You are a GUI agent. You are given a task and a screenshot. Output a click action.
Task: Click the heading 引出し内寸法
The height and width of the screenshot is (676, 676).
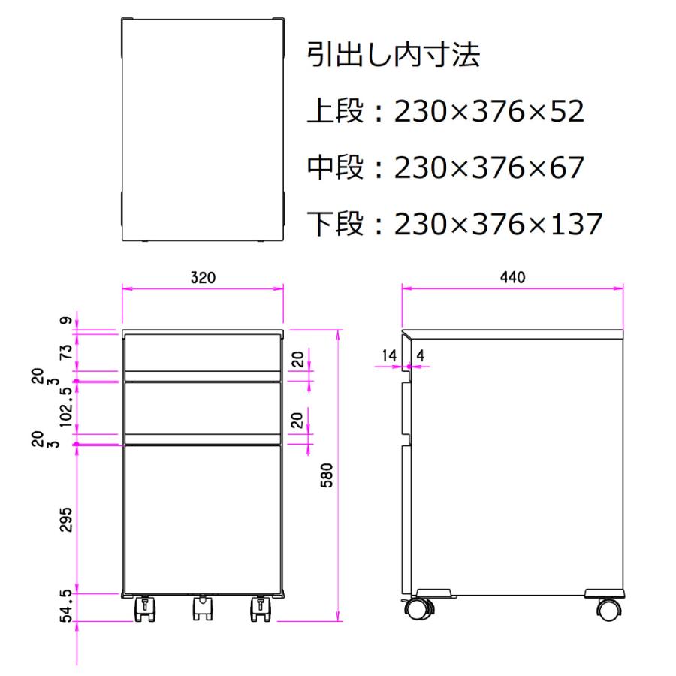coord(393,54)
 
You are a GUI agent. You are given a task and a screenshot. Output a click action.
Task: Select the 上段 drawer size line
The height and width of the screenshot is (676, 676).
coord(445,111)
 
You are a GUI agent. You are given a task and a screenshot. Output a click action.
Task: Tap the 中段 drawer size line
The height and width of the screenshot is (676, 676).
coord(445,167)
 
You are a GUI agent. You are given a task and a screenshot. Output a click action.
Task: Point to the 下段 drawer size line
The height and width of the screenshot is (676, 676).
coord(454,224)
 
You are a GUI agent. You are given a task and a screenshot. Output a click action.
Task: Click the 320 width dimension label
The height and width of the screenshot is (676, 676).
coord(203,277)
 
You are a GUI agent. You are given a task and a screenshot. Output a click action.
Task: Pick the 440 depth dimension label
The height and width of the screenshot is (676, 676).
coord(512,277)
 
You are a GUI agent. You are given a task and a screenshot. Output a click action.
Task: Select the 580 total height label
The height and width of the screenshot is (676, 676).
coord(327,475)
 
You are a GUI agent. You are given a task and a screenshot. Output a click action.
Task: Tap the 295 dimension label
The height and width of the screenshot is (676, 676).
coord(66,520)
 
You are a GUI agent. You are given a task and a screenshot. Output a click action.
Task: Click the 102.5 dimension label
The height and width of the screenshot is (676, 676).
coord(66,407)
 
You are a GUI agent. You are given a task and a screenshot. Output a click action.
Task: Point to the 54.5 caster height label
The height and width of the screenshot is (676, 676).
coord(66,607)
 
